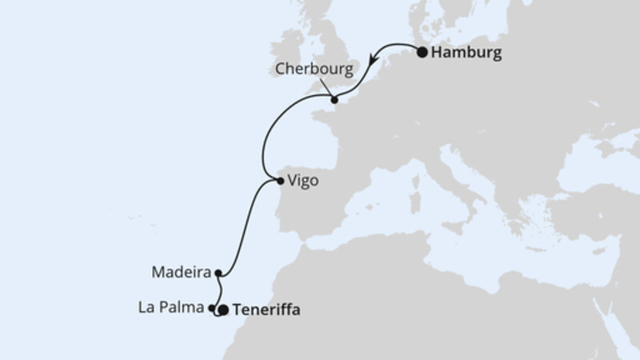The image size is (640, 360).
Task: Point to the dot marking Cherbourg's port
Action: (x=334, y=101)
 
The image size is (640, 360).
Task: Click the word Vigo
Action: (x=302, y=181)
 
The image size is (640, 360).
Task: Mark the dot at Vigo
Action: (x=279, y=181)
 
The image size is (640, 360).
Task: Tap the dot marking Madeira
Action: (x=218, y=272)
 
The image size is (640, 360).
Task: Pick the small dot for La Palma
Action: (x=211, y=308)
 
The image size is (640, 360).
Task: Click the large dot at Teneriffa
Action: (x=224, y=309)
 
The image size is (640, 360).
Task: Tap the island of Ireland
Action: (x=288, y=48)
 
